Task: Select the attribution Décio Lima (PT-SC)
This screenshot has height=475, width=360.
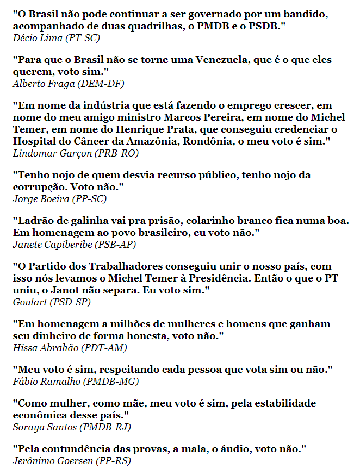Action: pos(56,38)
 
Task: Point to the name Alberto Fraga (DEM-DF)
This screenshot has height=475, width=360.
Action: pos(68,84)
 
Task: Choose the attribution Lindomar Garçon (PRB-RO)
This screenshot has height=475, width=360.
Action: pos(75,153)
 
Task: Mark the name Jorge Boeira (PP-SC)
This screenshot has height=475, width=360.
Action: pos(59,199)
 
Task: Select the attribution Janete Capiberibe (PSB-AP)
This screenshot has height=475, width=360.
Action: pos(74,245)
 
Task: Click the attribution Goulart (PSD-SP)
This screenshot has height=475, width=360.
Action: pos(52,302)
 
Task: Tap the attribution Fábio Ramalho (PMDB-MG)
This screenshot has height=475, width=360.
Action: pos(76,382)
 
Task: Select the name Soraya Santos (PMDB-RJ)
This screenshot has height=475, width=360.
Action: pos(71,427)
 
